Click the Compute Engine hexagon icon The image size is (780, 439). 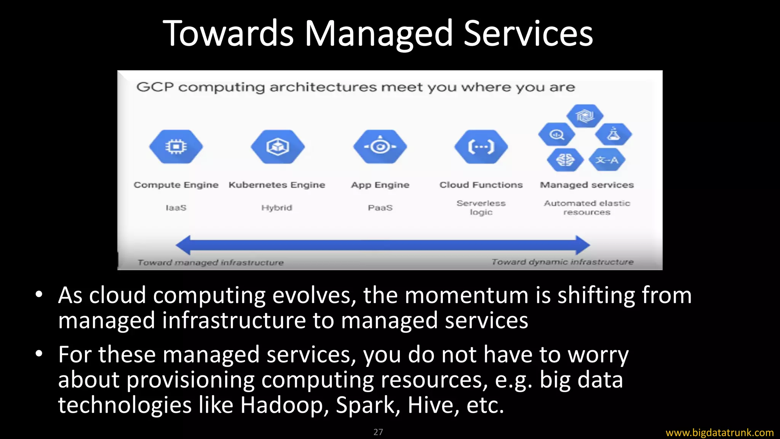[x=176, y=147]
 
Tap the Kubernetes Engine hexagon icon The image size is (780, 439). [x=278, y=147]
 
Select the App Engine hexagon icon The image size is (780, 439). [x=380, y=147]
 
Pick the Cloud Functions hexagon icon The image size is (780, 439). [x=481, y=147]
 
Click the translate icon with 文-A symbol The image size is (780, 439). [x=607, y=160]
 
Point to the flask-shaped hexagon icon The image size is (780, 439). [x=613, y=134]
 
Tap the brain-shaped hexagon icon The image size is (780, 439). [x=565, y=160]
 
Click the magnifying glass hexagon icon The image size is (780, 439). [x=557, y=135]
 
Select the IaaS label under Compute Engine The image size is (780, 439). [x=176, y=208]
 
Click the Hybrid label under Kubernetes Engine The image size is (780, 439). [x=277, y=208]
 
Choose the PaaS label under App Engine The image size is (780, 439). [x=380, y=208]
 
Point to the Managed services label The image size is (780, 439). [x=587, y=185]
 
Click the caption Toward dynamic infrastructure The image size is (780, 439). [x=562, y=262]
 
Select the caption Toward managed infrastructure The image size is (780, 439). [x=211, y=263]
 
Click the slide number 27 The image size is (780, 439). [x=378, y=432]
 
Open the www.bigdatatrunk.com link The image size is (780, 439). [x=719, y=433]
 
